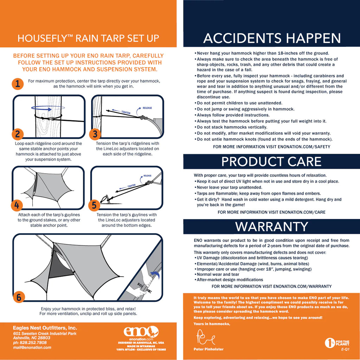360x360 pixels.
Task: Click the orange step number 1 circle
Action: coord(18,84)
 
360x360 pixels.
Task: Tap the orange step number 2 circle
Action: coord(18,134)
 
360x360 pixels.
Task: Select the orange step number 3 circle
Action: coord(95,134)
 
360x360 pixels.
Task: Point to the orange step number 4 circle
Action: coord(17,205)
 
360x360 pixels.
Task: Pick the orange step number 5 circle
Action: coord(94,205)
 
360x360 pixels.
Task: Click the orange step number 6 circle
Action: coord(19,297)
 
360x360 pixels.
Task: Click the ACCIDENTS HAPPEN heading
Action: coord(272,38)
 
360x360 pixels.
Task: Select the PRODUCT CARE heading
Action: coord(271,162)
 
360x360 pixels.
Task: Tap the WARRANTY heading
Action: coord(271,226)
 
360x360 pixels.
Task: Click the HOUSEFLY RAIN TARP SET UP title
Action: coord(88,38)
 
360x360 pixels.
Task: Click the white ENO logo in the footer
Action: coord(141,332)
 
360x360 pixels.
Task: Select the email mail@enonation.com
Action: coord(32,347)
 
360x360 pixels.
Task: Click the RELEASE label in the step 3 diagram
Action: coord(147,108)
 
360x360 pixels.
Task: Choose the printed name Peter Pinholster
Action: coord(208,349)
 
